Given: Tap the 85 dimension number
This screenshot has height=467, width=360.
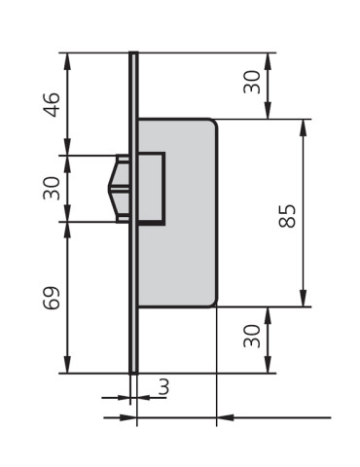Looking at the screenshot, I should (287, 214).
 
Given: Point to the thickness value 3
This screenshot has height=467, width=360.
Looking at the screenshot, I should (162, 387).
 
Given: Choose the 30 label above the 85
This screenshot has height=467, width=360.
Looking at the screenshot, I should (252, 84).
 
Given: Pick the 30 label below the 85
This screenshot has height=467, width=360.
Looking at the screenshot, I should (252, 339).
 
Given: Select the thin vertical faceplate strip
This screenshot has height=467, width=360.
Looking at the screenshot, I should (133, 292).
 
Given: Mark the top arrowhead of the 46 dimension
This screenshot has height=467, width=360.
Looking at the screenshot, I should (67, 57).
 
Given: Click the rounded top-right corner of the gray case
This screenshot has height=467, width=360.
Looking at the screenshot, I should (211, 124).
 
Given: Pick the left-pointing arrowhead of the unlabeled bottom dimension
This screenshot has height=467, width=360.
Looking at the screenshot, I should (223, 417).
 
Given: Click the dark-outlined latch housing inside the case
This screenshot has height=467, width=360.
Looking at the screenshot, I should (151, 188).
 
